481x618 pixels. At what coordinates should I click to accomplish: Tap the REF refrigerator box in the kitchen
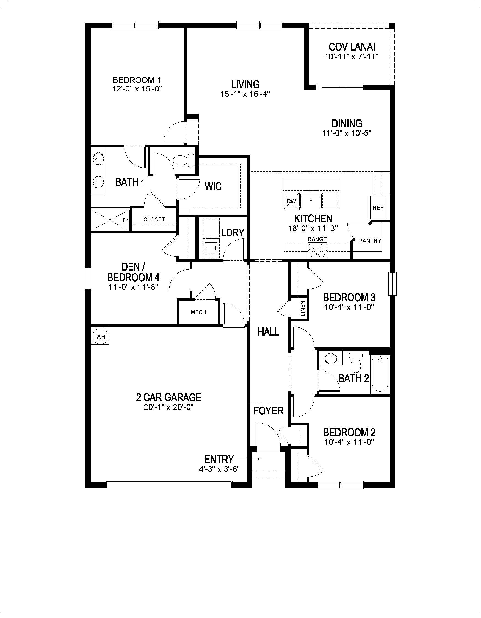click(378, 208)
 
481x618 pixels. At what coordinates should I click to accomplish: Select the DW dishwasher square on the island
click(291, 201)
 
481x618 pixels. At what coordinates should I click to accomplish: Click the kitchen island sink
click(311, 201)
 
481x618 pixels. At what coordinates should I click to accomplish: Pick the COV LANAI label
click(352, 47)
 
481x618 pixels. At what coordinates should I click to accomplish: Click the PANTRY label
click(370, 241)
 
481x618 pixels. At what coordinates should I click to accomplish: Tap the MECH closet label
click(198, 312)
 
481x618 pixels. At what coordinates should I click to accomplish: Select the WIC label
click(213, 186)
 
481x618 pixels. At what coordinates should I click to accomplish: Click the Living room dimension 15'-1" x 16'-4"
click(245, 94)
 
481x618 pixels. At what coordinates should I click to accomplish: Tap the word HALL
click(268, 332)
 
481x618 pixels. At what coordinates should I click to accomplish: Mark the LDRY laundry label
click(233, 233)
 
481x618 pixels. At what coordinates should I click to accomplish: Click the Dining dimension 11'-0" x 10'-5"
click(347, 133)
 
